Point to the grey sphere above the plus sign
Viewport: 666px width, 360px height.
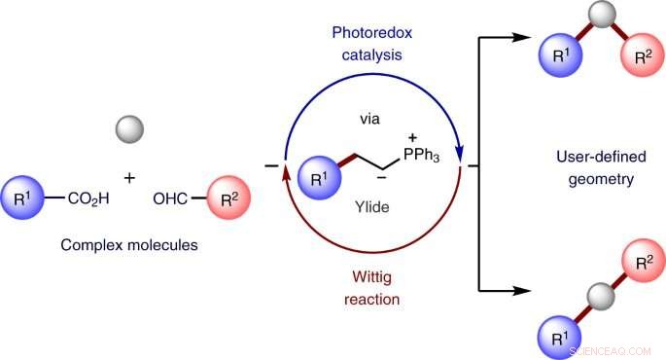(x=129, y=128)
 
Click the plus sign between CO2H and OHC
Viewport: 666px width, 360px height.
(x=128, y=179)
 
